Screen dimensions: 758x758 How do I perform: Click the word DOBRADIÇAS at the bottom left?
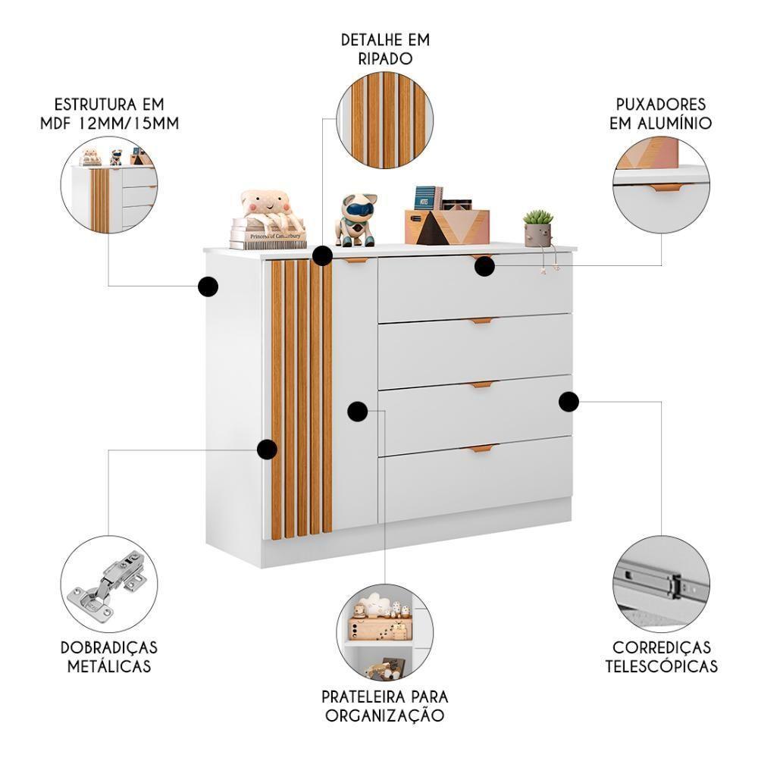tap(109, 648)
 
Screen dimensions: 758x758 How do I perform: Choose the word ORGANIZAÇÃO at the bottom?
tap(384, 714)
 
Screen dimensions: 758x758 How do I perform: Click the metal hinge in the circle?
tap(108, 585)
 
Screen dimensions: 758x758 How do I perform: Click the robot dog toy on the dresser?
tap(356, 220)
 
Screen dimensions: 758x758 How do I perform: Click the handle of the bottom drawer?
tap(479, 449)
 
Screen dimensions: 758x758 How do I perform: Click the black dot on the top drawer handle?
tap(484, 266)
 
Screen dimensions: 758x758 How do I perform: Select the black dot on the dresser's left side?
tap(208, 287)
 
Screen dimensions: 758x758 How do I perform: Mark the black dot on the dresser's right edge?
tap(568, 401)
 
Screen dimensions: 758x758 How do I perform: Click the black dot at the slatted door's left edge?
tap(266, 449)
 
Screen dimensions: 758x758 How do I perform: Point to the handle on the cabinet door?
tap(356, 261)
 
